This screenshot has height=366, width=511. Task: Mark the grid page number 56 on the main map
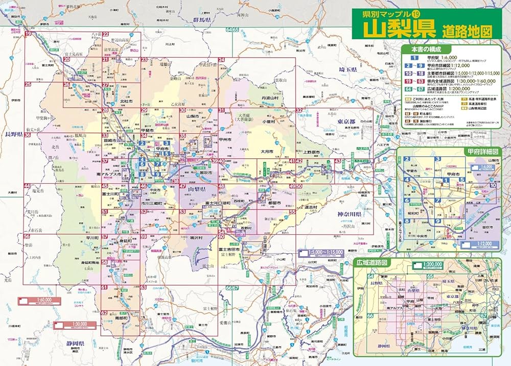click(x=27, y=237)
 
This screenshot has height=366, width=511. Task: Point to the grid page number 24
click(x=221, y=60)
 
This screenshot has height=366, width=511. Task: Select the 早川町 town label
click(x=93, y=237)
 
